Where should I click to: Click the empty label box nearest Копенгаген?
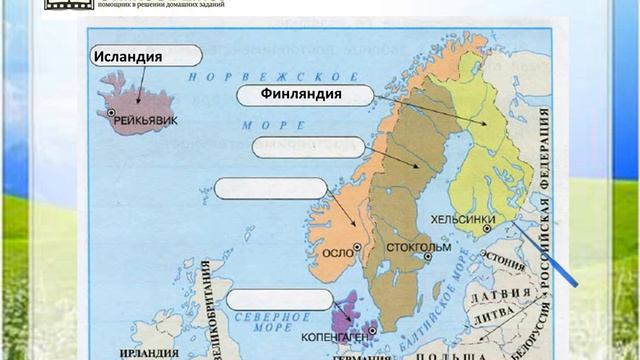[279, 298]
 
